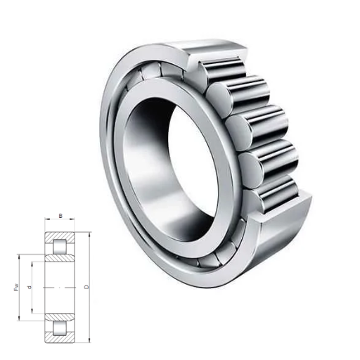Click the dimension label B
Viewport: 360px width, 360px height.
(60, 216)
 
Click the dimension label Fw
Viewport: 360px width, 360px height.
(16, 288)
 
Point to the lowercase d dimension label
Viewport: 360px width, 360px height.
(30, 287)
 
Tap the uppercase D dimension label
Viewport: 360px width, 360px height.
(86, 287)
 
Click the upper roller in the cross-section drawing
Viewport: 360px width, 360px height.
(60, 247)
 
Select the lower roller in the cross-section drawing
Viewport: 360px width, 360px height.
(60, 328)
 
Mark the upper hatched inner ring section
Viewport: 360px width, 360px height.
(60, 258)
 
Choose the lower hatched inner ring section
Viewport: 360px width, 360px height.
(60, 317)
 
